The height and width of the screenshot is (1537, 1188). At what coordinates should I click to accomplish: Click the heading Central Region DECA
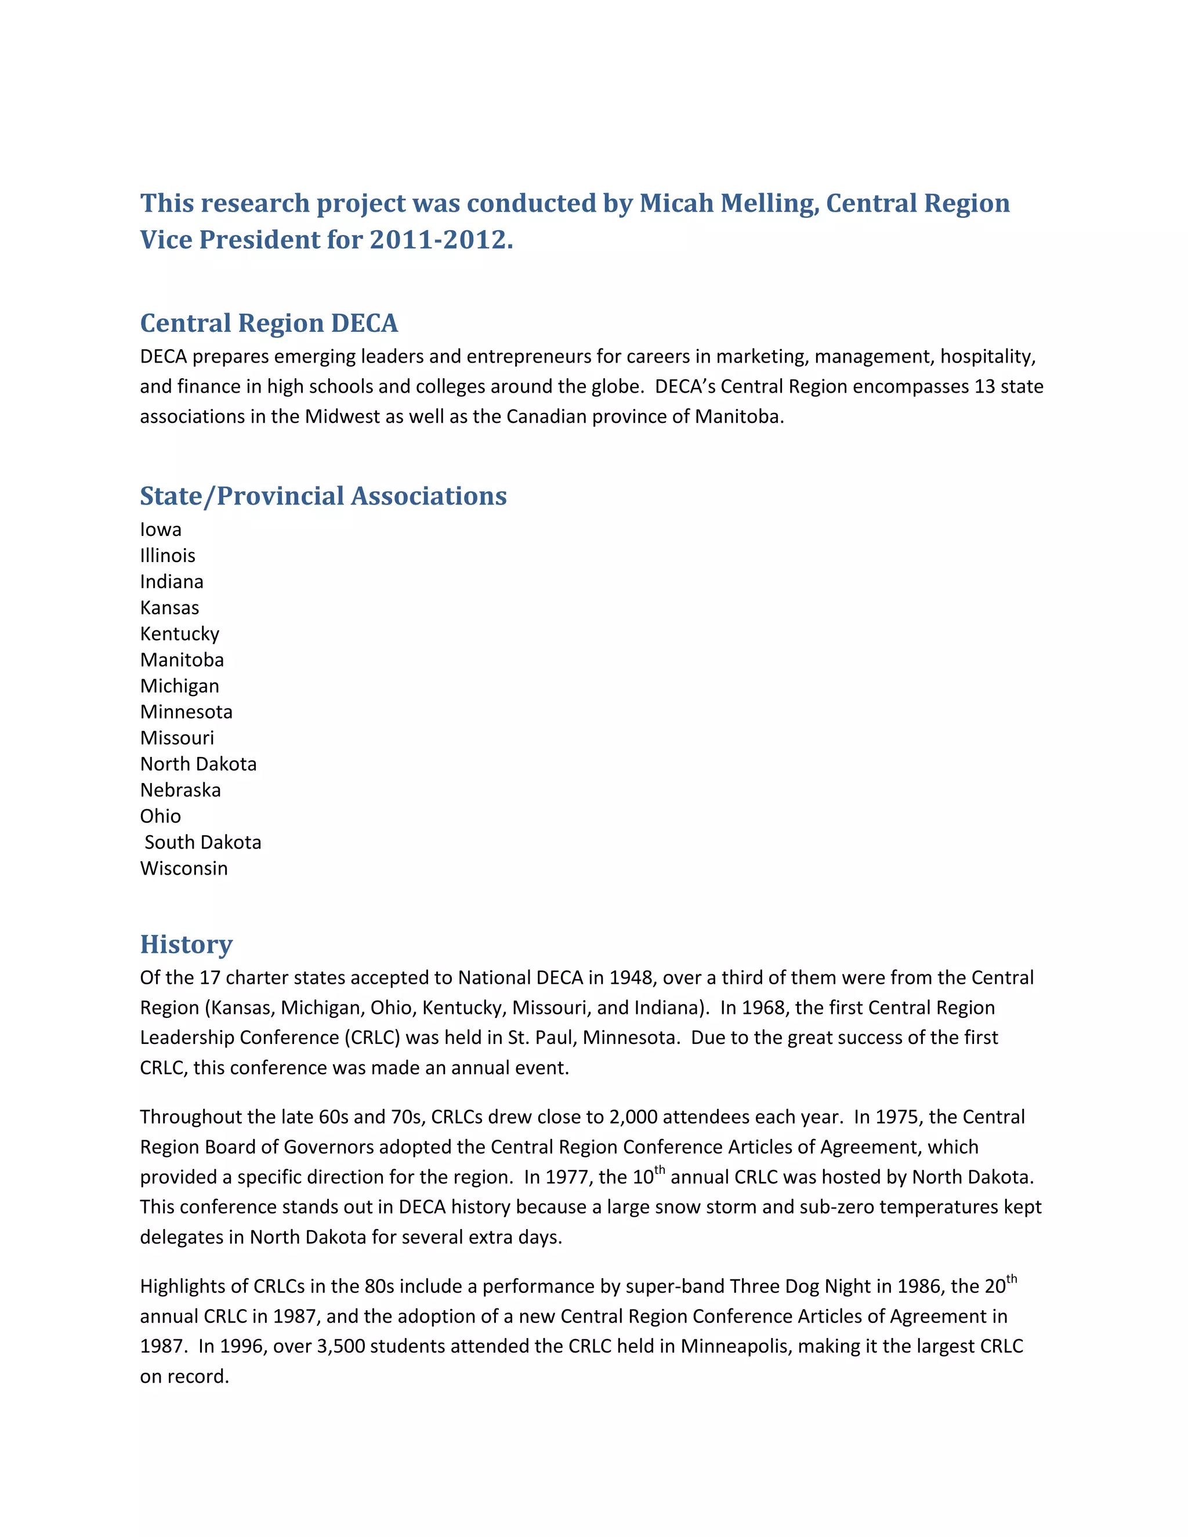click(x=269, y=323)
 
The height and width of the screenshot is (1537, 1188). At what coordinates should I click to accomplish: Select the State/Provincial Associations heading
click(x=323, y=496)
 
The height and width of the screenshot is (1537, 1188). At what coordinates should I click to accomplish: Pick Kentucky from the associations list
click(x=179, y=633)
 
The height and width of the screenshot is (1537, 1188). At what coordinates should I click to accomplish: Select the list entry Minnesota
click(x=186, y=712)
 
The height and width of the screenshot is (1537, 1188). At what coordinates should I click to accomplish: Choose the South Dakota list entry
click(x=202, y=842)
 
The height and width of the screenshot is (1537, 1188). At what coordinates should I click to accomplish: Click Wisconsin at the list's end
click(x=184, y=868)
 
